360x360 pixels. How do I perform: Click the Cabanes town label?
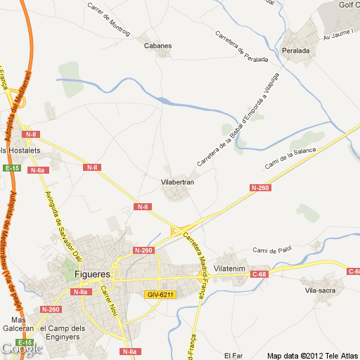click(x=157, y=46)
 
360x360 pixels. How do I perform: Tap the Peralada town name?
click(x=296, y=51)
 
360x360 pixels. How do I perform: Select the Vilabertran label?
click(x=177, y=182)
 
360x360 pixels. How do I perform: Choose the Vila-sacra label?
click(x=321, y=290)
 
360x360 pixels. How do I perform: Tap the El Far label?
click(x=233, y=354)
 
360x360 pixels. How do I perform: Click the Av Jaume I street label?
click(x=337, y=36)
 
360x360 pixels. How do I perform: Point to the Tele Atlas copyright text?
click(x=313, y=354)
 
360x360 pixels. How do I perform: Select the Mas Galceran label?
click(x=18, y=323)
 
